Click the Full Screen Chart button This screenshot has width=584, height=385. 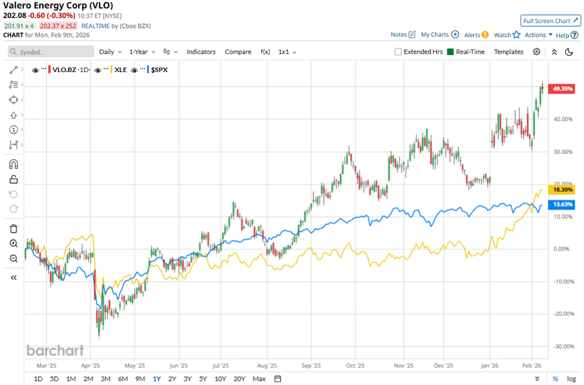pos(550,21)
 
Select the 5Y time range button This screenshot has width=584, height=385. pos(203,378)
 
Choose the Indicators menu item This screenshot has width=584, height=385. pos(201,52)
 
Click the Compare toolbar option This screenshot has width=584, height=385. pos(238,52)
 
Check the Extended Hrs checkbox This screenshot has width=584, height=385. pos(398,52)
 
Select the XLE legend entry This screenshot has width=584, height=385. pos(121,70)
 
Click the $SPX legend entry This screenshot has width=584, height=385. pos(159,70)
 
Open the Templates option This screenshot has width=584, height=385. pos(508,52)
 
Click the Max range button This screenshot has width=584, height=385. pos(259,378)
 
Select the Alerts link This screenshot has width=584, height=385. pos(476,35)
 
